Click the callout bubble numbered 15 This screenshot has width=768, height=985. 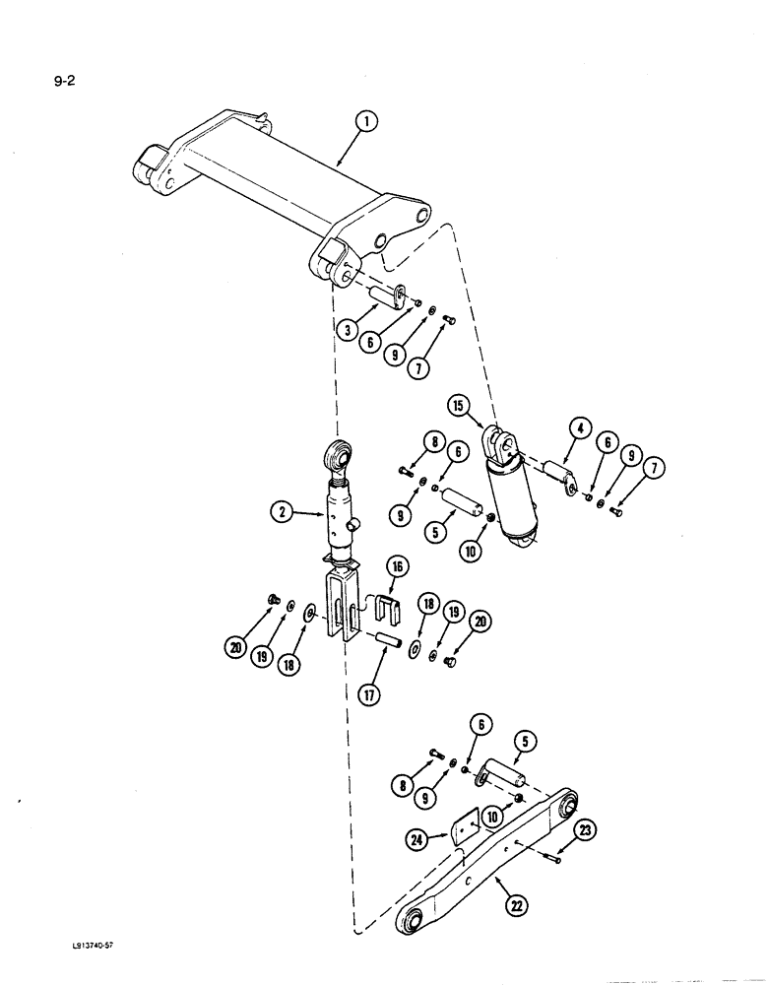point(459,405)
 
